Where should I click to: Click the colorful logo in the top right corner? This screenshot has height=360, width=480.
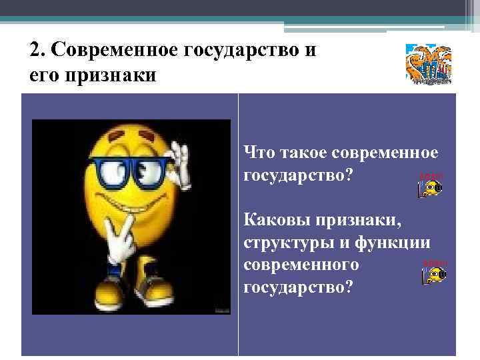pos(428,64)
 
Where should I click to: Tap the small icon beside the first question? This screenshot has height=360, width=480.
pos(430,189)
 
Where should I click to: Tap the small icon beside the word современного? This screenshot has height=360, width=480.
pos(434,274)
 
